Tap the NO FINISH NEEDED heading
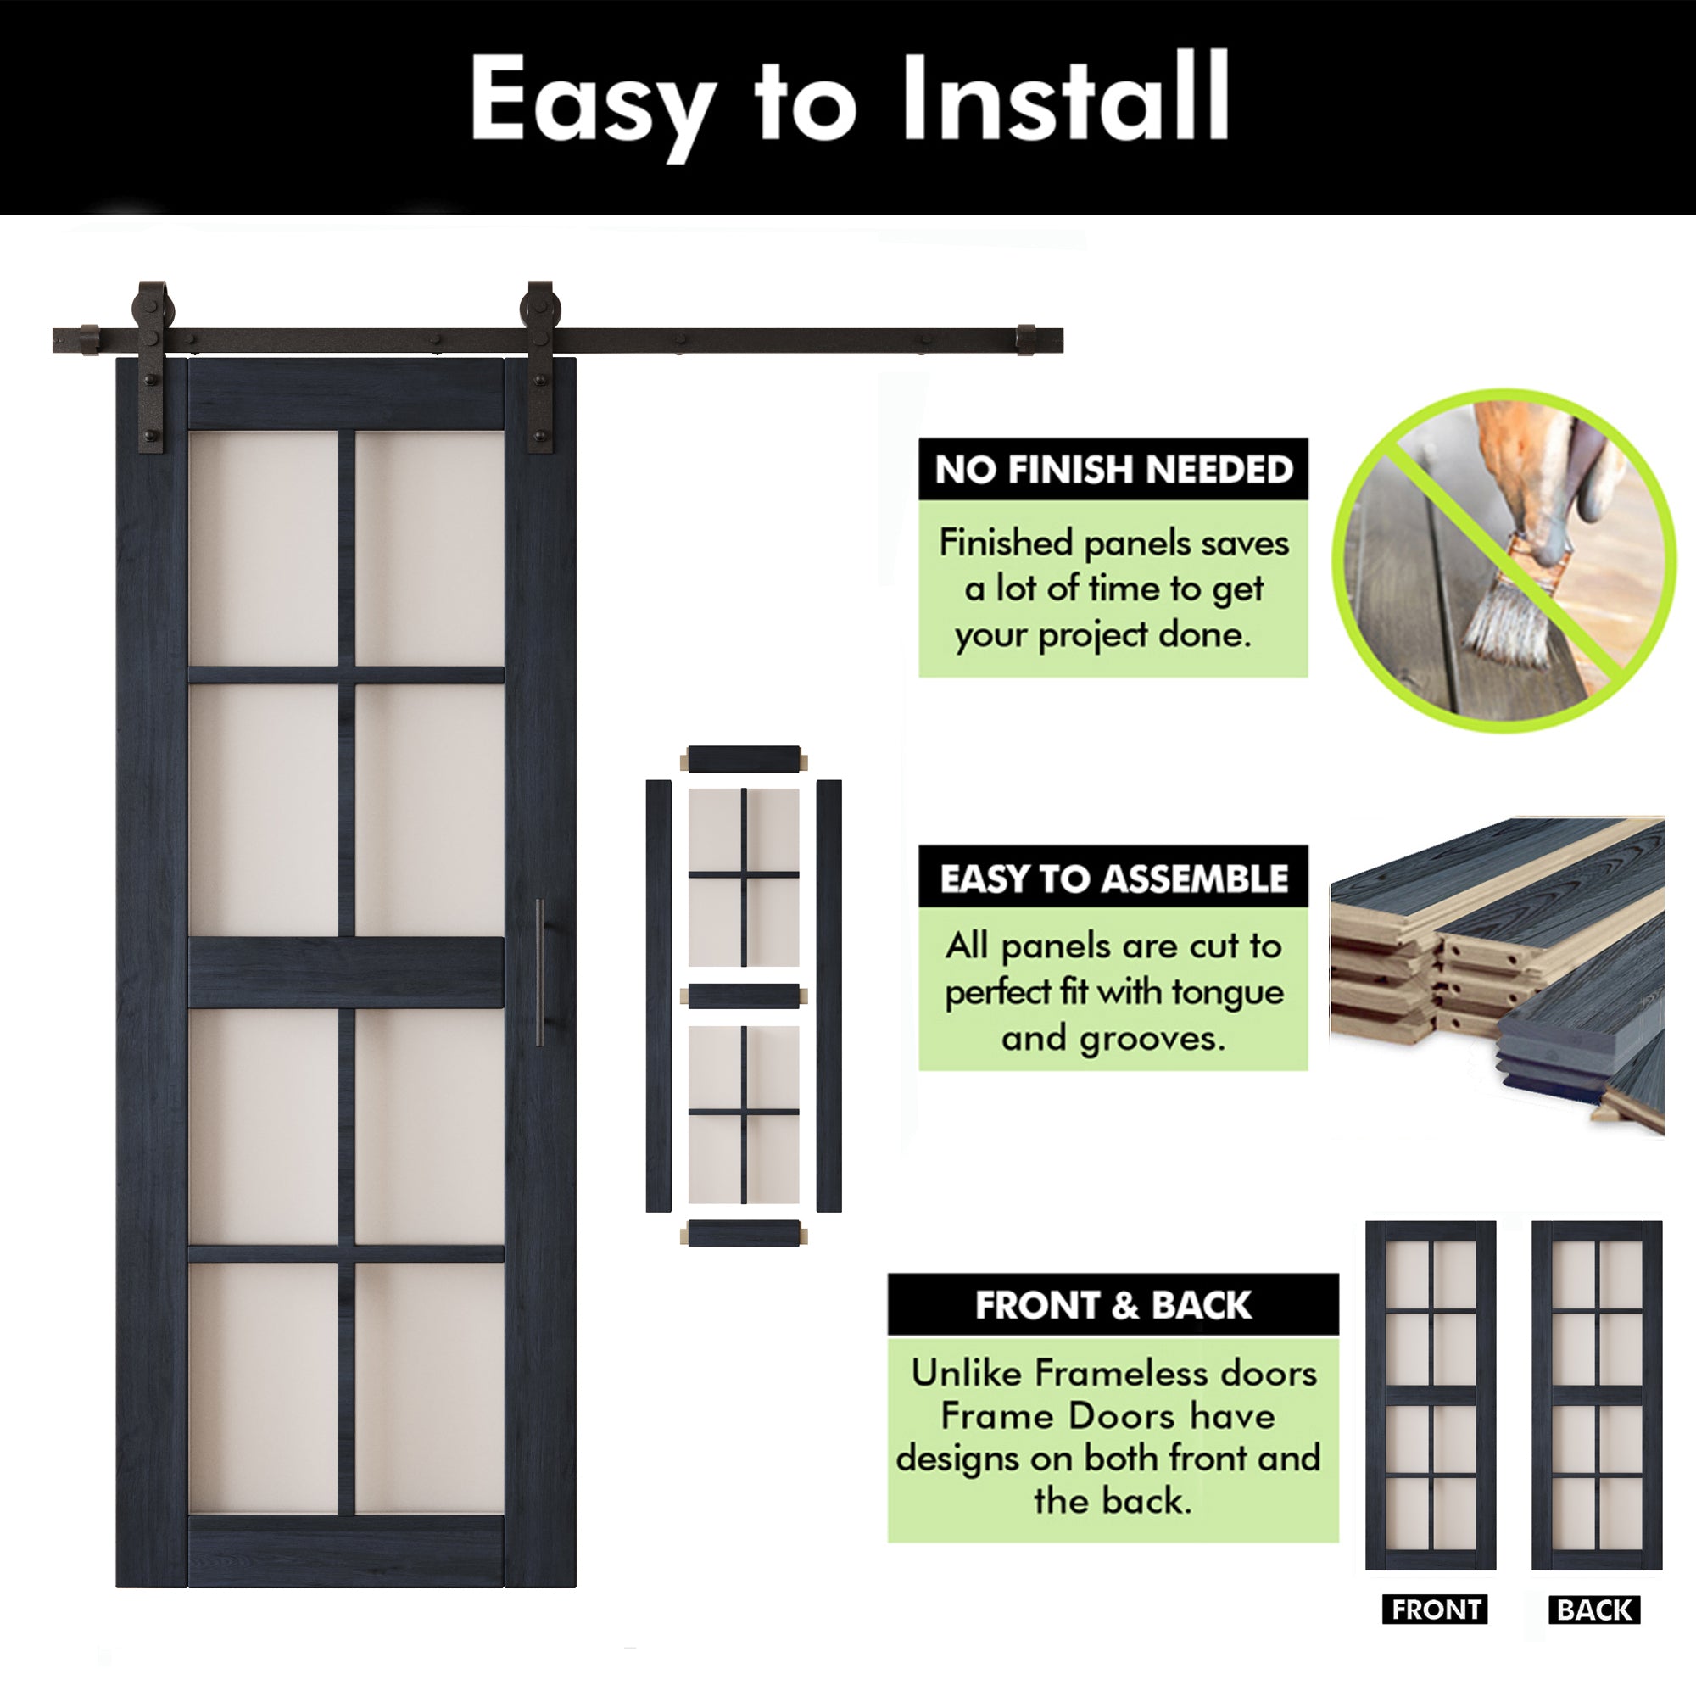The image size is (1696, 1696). (x=1113, y=470)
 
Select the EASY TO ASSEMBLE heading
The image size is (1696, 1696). (x=1113, y=879)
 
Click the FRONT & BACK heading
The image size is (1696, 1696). (x=1113, y=1305)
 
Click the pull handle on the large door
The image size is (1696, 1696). (x=540, y=972)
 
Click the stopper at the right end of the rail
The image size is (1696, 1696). (x=1025, y=341)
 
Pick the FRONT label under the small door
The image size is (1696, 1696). (x=1435, y=1610)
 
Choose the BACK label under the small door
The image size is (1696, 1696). (x=1594, y=1610)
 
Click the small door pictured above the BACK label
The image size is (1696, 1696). (x=1597, y=1397)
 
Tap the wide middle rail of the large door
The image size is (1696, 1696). (x=346, y=972)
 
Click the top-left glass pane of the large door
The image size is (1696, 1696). (x=263, y=548)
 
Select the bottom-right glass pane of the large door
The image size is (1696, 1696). (x=429, y=1389)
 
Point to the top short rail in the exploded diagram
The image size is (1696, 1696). (x=744, y=758)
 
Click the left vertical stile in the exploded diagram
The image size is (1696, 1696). (x=658, y=996)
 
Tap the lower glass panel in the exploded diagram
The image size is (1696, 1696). (x=744, y=1114)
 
